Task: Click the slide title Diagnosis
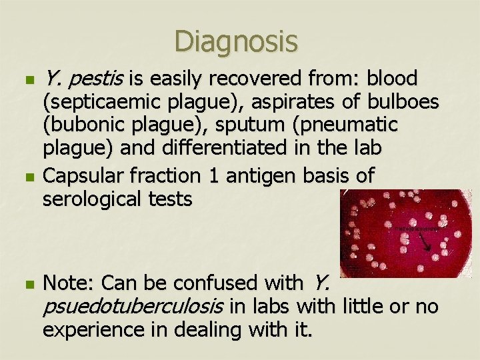coord(236,41)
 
